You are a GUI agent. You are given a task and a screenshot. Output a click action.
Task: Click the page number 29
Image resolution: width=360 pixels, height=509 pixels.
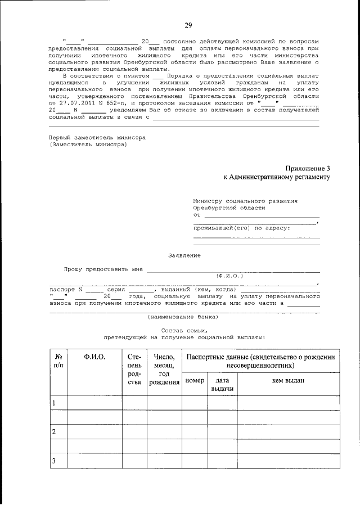188,24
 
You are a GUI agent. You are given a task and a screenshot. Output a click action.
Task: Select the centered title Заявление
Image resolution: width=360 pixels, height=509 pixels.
184,255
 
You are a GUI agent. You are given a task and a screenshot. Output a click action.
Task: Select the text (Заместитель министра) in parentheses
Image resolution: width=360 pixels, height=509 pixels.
84,145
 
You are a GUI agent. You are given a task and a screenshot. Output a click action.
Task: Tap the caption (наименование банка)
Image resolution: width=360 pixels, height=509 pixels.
183,317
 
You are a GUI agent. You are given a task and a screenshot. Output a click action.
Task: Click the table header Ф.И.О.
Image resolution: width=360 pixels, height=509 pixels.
94,357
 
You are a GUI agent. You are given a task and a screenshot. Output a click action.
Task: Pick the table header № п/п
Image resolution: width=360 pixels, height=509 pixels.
58,361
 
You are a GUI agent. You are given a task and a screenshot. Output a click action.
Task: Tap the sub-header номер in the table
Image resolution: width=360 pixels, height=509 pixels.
194,381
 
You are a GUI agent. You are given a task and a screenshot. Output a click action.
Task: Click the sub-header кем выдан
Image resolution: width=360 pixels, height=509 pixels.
288,381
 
